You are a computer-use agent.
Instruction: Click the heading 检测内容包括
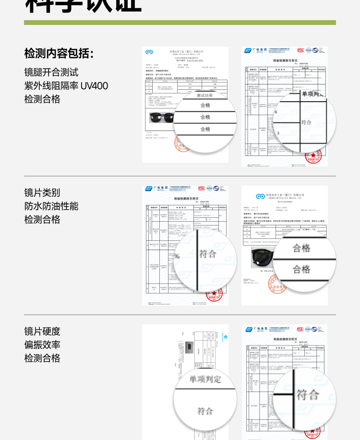(59, 53)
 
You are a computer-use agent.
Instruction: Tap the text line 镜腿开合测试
(51, 72)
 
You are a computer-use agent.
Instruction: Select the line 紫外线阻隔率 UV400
(66, 86)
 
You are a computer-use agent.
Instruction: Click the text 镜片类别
(42, 192)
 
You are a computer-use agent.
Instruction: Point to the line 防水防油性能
(51, 206)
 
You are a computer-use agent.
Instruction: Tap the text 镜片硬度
(42, 331)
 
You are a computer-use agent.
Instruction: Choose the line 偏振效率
(42, 345)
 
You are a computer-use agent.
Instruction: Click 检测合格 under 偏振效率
(42, 358)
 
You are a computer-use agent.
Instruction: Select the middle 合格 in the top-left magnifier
(205, 117)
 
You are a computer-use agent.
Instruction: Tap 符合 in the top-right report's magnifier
(306, 122)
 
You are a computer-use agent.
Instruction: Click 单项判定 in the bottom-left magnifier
(205, 379)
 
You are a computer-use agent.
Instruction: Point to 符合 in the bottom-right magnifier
(308, 395)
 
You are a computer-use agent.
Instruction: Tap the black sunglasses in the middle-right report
(262, 260)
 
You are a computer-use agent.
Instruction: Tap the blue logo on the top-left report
(149, 52)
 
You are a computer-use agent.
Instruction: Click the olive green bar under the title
(180, 22)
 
